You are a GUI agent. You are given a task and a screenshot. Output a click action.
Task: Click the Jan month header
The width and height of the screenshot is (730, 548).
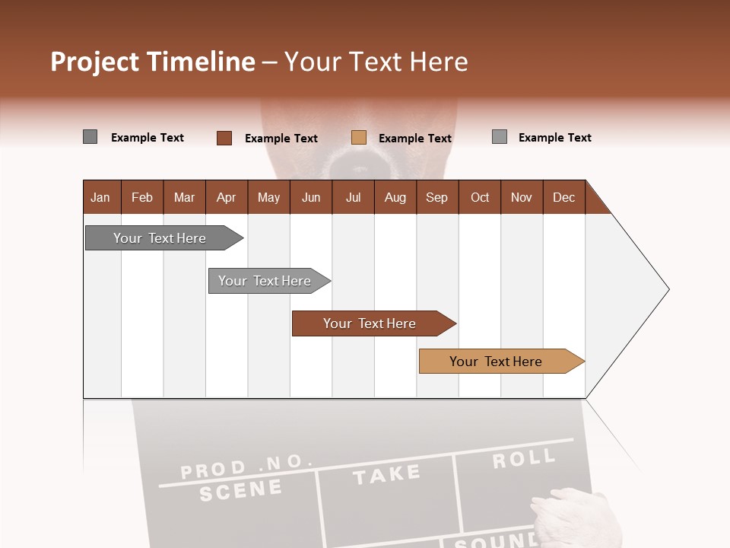click(100, 197)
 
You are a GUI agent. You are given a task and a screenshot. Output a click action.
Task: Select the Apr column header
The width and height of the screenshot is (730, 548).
click(226, 197)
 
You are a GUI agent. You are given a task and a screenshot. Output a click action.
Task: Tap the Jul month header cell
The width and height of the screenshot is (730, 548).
click(353, 197)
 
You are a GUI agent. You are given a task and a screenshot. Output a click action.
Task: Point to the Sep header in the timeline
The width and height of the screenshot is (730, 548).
click(436, 197)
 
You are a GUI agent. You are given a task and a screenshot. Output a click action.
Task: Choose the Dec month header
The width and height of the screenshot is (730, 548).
click(563, 197)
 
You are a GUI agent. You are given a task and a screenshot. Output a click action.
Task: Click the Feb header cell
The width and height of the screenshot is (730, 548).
click(142, 197)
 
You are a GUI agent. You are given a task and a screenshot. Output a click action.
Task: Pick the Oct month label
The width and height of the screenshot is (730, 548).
click(480, 197)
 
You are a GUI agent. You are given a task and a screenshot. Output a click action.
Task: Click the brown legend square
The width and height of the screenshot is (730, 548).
click(224, 138)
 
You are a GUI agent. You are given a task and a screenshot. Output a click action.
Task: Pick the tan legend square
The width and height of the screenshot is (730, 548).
click(359, 138)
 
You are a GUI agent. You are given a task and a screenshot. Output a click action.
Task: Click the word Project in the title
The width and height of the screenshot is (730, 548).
click(95, 62)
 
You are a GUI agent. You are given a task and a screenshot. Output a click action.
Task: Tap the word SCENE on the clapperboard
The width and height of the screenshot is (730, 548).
click(240, 490)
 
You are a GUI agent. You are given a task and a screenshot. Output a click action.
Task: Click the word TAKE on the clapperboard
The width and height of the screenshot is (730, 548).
click(386, 474)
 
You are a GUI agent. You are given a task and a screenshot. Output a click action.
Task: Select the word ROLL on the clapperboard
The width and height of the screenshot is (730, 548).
click(523, 458)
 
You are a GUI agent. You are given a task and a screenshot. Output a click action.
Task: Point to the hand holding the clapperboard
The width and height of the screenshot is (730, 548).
click(567, 518)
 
